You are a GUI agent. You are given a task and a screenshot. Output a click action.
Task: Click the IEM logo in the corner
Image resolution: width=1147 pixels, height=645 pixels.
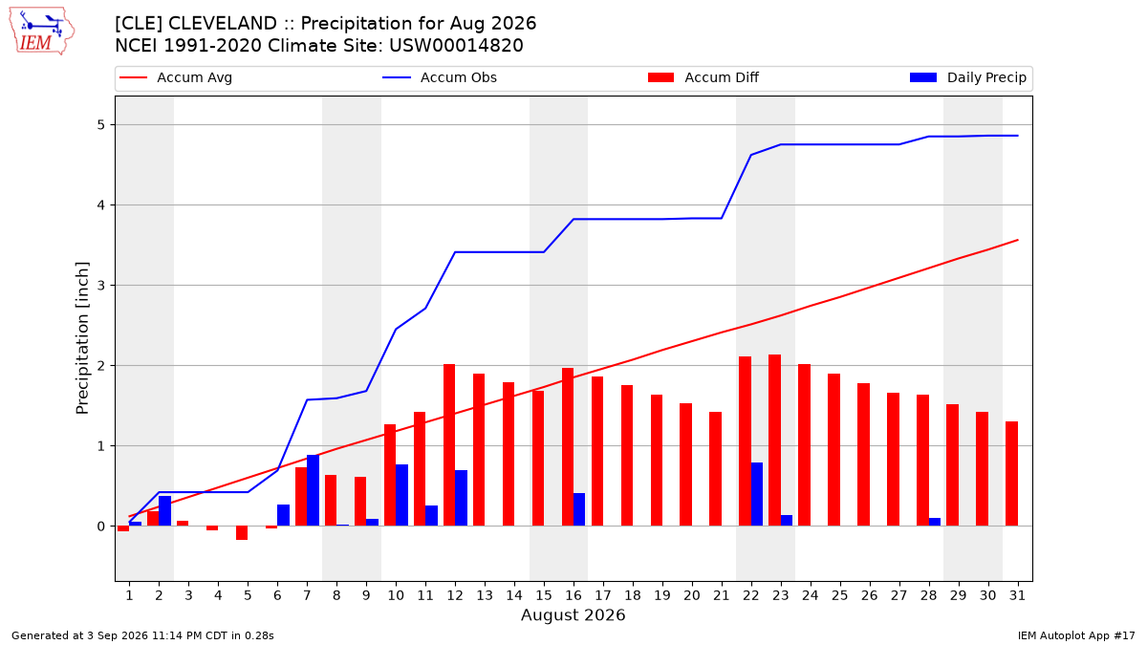42,32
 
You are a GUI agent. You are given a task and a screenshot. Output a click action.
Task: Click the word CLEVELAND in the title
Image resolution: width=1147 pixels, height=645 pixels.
223,24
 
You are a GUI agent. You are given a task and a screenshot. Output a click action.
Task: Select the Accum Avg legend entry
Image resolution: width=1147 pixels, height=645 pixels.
176,77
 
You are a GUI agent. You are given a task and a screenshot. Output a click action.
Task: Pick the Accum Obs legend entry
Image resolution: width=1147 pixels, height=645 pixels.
440,77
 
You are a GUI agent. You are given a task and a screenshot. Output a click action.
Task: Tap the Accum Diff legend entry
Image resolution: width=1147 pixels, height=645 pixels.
703,77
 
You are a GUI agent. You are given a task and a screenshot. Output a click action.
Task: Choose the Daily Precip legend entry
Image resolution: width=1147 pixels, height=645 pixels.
968,77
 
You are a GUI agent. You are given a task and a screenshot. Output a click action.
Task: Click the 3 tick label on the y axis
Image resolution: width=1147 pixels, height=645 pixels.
100,285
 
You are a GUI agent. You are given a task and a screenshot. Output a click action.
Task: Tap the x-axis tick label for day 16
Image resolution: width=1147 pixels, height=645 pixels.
573,595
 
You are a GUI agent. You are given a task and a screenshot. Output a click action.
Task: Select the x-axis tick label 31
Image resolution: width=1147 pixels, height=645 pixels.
1017,595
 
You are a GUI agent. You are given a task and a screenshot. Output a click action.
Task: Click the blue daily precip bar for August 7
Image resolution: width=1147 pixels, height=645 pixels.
313,490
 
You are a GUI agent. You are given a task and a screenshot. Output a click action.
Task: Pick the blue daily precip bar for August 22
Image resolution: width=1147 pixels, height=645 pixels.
757,494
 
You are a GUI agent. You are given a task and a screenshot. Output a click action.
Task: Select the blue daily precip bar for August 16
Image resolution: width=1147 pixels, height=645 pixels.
579,509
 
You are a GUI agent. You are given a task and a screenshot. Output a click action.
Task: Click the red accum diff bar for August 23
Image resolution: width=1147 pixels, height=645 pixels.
775,441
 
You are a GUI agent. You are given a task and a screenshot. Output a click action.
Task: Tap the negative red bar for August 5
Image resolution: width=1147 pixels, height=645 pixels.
242,533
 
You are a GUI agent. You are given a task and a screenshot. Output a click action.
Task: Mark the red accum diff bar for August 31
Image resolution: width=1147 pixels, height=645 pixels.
1012,474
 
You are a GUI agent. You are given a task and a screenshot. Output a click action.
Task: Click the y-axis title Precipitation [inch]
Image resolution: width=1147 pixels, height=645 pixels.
82,338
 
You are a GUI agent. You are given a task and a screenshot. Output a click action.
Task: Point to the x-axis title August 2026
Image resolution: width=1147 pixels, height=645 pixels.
573,614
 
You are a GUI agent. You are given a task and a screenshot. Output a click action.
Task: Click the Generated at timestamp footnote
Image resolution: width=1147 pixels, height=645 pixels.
142,635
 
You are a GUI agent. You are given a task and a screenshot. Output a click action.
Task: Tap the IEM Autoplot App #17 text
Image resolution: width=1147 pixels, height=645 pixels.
1076,635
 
